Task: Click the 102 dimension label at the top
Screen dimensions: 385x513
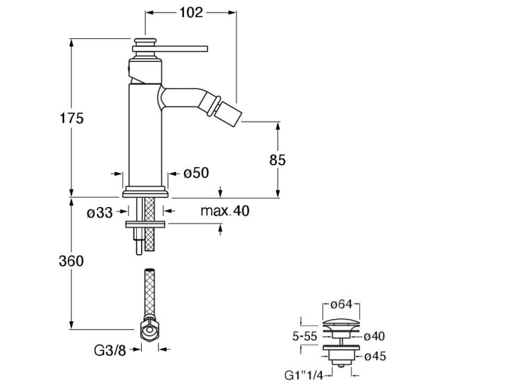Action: [192, 12]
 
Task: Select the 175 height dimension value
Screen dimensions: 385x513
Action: [71, 118]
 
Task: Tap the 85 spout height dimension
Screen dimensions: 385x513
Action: [277, 159]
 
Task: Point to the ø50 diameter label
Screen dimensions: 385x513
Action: [196, 173]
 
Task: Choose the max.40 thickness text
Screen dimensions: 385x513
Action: [225, 211]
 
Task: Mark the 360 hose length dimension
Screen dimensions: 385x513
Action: [71, 261]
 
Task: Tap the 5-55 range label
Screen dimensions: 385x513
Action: [304, 336]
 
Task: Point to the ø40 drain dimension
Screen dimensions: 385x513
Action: [374, 336]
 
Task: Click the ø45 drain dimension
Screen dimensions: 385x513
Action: [375, 356]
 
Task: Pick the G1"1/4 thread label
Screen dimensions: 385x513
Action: [305, 375]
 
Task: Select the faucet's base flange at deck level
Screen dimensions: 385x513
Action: [146, 193]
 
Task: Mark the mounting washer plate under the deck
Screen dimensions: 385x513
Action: [145, 224]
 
